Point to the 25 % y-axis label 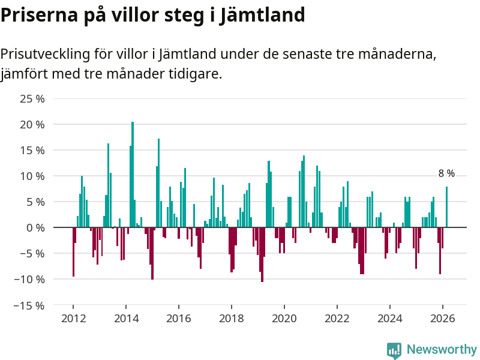click(x=32, y=99)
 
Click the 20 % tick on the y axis click(x=32, y=125)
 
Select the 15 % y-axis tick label click(x=32, y=151)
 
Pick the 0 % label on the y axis click(x=35, y=228)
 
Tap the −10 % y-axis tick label click(x=30, y=280)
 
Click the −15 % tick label click(x=30, y=305)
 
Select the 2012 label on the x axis click(x=73, y=319)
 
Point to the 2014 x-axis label click(x=126, y=319)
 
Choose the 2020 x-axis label click(x=284, y=319)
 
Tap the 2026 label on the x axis click(x=443, y=319)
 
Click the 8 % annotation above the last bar click(x=446, y=173)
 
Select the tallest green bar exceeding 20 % click(x=133, y=174)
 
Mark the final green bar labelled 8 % click(x=446, y=207)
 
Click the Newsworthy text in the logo click(x=442, y=349)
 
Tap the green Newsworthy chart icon click(x=394, y=350)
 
